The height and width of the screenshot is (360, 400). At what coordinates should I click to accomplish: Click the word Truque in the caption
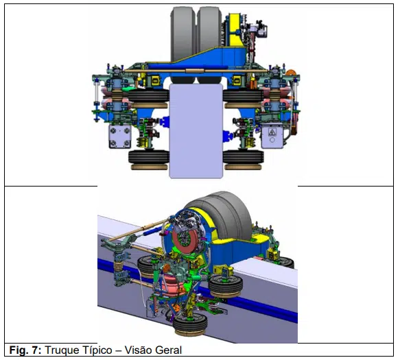pyautogui.click(x=62, y=350)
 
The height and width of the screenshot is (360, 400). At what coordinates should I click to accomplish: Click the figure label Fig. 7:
pyautogui.click(x=25, y=350)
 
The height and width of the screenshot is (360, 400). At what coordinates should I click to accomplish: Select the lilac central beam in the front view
pyautogui.click(x=196, y=131)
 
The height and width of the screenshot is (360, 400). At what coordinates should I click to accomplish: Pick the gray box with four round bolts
pyautogui.click(x=120, y=137)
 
